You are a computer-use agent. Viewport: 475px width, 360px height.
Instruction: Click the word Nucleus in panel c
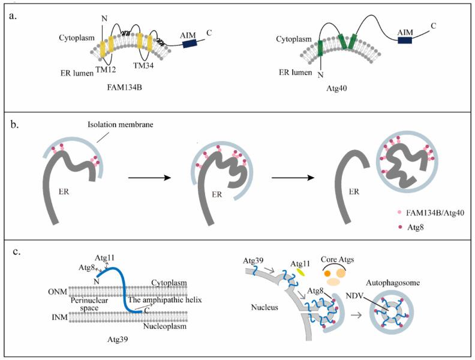click(x=263, y=312)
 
